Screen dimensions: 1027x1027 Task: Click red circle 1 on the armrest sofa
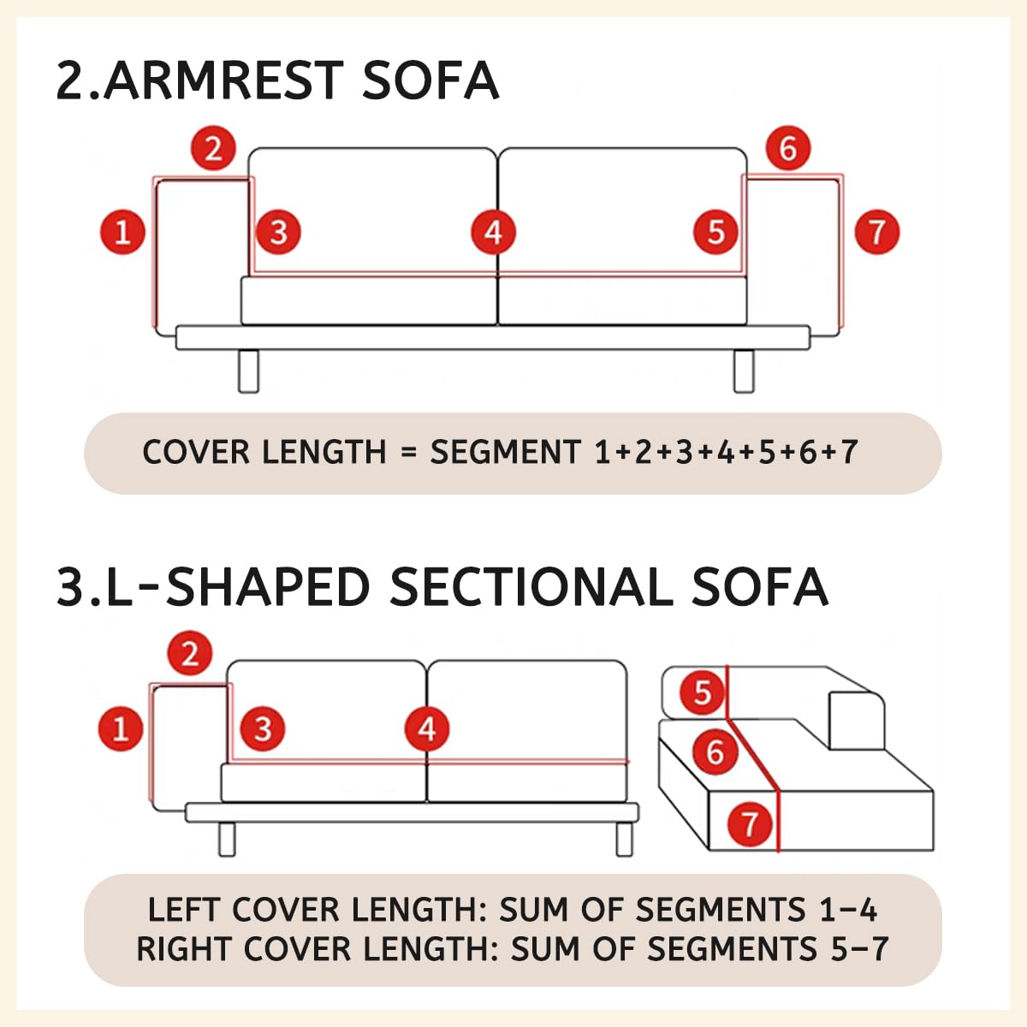pyautogui.click(x=122, y=233)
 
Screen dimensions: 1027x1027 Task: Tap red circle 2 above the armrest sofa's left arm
pyautogui.click(x=213, y=148)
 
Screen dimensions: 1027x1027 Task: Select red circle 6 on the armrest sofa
pyautogui.click(x=788, y=148)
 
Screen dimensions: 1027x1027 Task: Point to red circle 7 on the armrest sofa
pyautogui.click(x=876, y=233)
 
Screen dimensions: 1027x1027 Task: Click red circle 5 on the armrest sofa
pyautogui.click(x=715, y=233)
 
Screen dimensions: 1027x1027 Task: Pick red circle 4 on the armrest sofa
pyautogui.click(x=494, y=233)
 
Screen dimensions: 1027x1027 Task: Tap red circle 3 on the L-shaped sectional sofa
pyautogui.click(x=263, y=728)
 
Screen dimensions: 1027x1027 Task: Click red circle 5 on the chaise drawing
pyautogui.click(x=703, y=693)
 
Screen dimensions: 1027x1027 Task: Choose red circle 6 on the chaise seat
pyautogui.click(x=715, y=752)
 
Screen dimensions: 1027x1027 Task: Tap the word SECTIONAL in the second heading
pyautogui.click(x=531, y=586)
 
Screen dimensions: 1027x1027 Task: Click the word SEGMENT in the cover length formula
pyautogui.click(x=505, y=452)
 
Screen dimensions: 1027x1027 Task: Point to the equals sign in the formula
pyautogui.click(x=407, y=453)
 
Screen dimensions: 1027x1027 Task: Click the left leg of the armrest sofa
pyautogui.click(x=248, y=371)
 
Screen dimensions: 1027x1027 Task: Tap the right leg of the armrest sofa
pyautogui.click(x=744, y=371)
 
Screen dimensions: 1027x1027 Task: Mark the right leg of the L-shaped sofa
pyautogui.click(x=624, y=840)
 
